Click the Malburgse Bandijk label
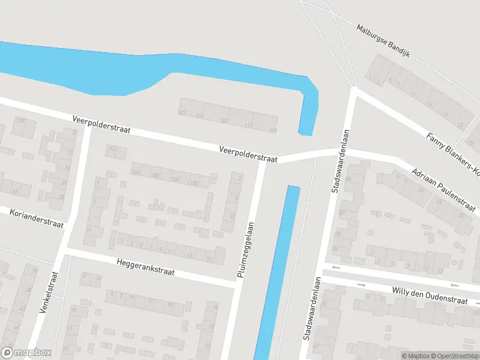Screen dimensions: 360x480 (382, 36)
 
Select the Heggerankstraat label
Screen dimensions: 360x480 (146, 267)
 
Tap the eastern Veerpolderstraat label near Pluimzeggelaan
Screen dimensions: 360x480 (248, 154)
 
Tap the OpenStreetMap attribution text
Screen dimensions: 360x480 (457, 356)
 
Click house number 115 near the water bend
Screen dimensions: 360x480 (274, 130)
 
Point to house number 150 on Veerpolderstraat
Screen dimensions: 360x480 (155, 175)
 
